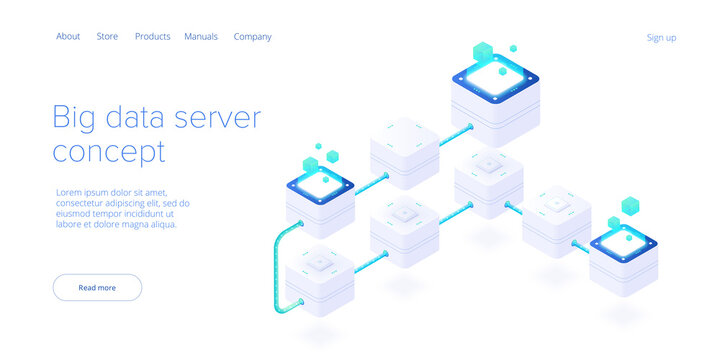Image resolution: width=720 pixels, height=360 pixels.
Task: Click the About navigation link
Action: click(68, 37)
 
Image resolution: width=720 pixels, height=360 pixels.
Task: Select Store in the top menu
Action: click(107, 37)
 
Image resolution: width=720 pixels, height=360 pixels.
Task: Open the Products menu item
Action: click(152, 37)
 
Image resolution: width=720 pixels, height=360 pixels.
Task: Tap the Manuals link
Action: click(201, 37)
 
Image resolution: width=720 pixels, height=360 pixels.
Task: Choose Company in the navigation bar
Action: click(252, 37)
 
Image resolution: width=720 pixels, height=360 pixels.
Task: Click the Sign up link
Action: click(661, 38)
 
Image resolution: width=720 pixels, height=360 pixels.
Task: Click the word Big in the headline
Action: click(76, 119)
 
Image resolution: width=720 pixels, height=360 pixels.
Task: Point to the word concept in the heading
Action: click(109, 153)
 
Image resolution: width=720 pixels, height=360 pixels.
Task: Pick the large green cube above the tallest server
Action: click(483, 50)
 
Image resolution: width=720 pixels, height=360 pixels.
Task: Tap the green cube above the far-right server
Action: click(630, 206)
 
